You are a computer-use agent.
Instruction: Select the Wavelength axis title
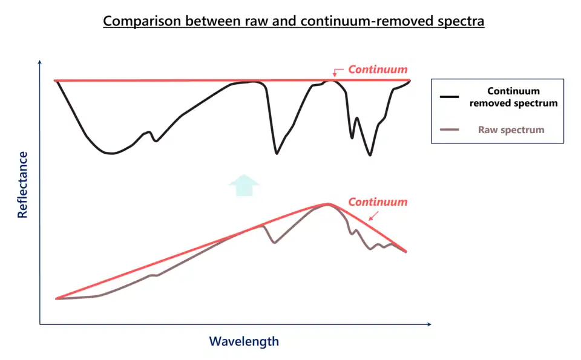click(244, 341)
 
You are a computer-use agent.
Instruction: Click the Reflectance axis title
click(23, 185)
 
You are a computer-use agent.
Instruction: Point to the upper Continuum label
click(378, 70)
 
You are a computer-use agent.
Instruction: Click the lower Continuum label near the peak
click(378, 201)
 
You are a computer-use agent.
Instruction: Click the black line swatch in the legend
click(450, 97)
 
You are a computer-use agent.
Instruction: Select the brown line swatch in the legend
click(450, 129)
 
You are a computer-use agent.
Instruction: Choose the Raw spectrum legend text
click(511, 129)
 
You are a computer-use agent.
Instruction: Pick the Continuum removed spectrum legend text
click(513, 97)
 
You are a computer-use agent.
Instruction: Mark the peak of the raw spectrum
click(328, 204)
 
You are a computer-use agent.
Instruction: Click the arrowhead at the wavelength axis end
click(429, 324)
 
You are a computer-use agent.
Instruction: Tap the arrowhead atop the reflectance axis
click(40, 62)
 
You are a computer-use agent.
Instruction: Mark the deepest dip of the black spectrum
click(370, 155)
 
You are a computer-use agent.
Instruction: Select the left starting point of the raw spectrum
click(56, 298)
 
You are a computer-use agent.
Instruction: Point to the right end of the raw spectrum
click(405, 252)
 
